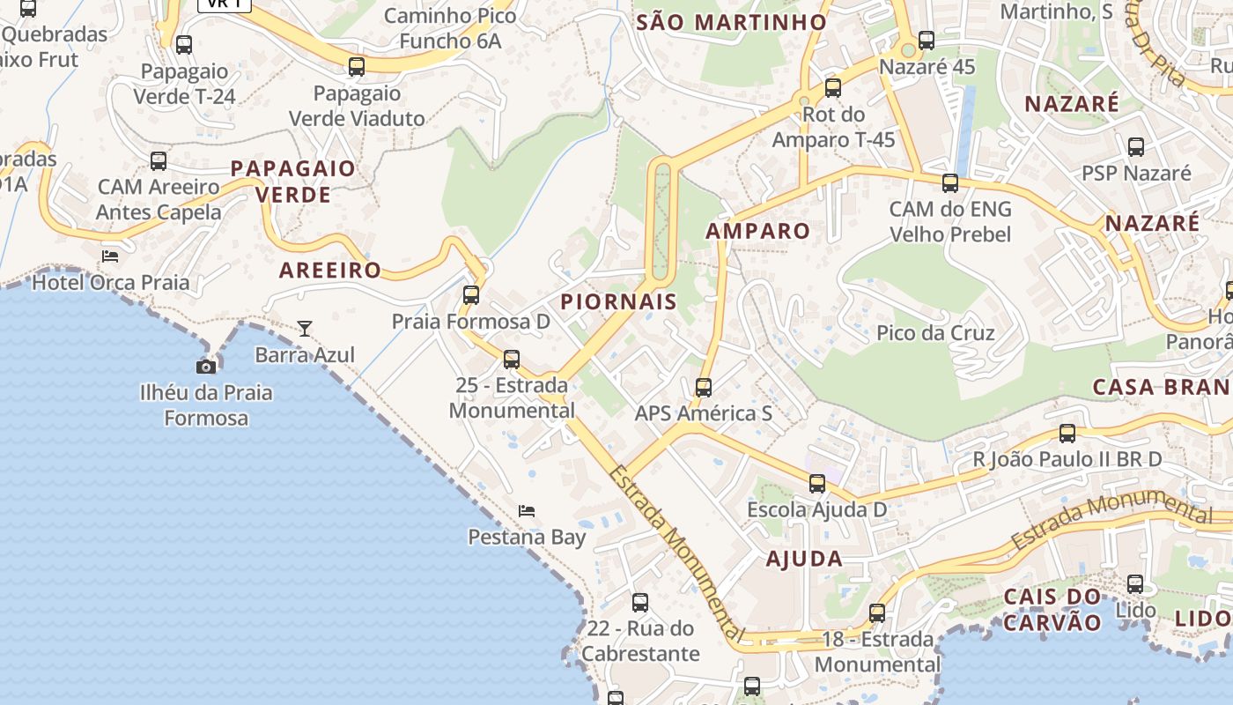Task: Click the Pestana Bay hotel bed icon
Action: pyautogui.click(x=527, y=511)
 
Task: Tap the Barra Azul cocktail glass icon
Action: pyautogui.click(x=305, y=329)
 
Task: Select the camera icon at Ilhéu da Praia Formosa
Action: pyautogui.click(x=206, y=367)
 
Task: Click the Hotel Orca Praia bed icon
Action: pyautogui.click(x=110, y=256)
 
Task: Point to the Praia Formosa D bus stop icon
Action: pyautogui.click(x=471, y=295)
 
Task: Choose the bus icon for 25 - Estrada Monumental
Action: pyautogui.click(x=512, y=360)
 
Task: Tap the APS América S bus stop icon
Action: pyautogui.click(x=704, y=388)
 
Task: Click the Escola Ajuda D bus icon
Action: pyautogui.click(x=817, y=484)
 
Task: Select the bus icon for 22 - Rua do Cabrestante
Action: pyautogui.click(x=640, y=603)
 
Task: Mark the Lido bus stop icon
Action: pyautogui.click(x=1135, y=584)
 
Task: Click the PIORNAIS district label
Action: pyautogui.click(x=619, y=301)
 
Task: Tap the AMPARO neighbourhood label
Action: pyautogui.click(x=758, y=231)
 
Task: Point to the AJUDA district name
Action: pyautogui.click(x=804, y=559)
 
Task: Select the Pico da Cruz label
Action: pyautogui.click(x=935, y=333)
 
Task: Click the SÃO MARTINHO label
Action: pyautogui.click(x=731, y=22)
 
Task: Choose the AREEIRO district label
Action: pyautogui.click(x=330, y=271)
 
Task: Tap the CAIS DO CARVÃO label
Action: pyautogui.click(x=1053, y=610)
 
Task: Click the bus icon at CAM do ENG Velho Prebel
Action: pyautogui.click(x=950, y=183)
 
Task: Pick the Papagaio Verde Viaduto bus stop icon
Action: pyautogui.click(x=357, y=67)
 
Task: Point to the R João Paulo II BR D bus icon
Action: pyautogui.click(x=1067, y=434)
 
